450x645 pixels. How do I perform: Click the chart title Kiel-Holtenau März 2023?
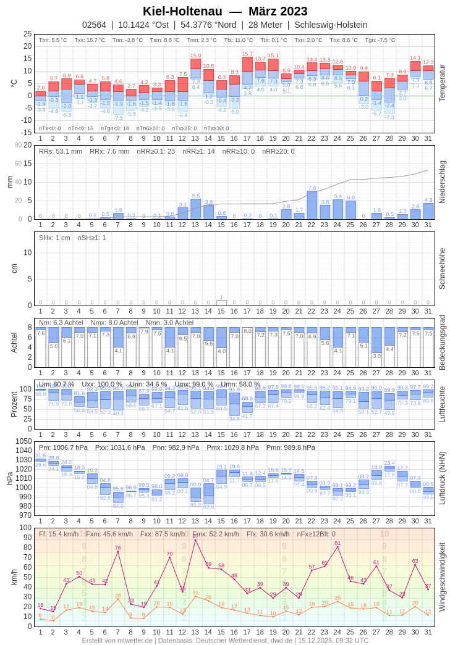225,11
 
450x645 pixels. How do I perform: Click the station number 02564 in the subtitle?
94,25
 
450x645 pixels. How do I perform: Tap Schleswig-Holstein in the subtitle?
331,25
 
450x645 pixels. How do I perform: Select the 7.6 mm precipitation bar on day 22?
312,205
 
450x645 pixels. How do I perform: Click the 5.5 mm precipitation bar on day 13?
196,209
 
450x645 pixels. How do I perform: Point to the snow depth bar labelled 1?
221,302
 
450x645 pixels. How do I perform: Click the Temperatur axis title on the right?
442,83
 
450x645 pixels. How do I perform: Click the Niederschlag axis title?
442,182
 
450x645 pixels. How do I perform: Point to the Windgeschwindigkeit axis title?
442,576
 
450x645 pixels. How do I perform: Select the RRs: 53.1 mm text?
61,151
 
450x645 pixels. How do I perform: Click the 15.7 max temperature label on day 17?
247,54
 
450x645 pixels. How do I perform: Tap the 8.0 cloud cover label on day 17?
247,331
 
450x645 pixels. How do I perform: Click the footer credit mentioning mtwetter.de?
225,640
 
